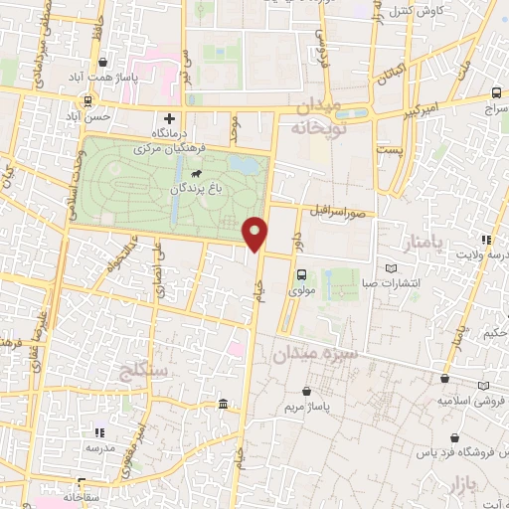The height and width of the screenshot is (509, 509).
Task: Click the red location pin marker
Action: pos(255,233)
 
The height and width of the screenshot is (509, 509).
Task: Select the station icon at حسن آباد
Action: pos(88,100)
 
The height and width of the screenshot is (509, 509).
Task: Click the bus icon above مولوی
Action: pos(300,275)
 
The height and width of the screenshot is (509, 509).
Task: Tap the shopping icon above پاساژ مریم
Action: pos(324,393)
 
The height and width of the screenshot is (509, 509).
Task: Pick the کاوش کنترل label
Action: pos(412,12)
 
